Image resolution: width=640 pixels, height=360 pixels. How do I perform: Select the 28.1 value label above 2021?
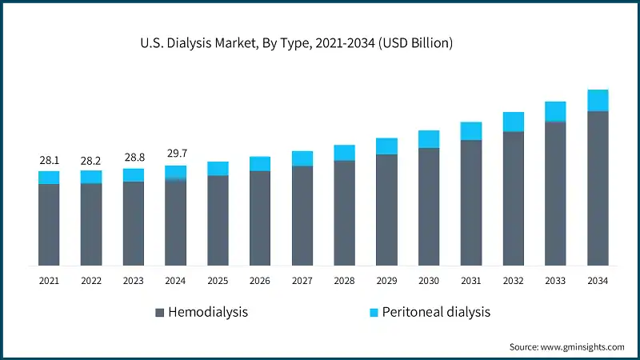tap(49, 161)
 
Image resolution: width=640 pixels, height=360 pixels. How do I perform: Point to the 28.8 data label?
tap(134, 158)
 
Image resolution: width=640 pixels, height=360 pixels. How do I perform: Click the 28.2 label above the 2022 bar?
tap(91, 161)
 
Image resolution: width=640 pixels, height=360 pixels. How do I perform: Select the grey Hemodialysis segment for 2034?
tap(598, 188)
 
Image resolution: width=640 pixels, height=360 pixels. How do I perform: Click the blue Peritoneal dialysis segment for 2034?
tap(598, 100)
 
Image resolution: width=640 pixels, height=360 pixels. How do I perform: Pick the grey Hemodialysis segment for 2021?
tap(49, 224)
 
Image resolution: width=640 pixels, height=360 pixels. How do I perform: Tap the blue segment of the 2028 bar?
tap(345, 153)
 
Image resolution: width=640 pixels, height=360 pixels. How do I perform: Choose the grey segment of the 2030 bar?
tap(429, 206)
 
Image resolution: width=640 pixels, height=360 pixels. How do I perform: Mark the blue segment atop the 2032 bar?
tap(514, 122)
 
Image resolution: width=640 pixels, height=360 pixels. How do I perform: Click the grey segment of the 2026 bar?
tap(260, 218)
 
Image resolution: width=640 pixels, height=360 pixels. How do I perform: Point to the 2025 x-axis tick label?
tap(218, 281)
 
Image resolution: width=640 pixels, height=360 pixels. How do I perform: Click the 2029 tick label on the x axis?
tap(386, 281)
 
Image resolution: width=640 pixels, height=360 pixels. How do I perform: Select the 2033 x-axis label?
tap(555, 281)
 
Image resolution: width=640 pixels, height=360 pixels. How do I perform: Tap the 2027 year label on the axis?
tap(302, 281)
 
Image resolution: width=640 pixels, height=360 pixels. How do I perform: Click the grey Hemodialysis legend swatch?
tap(159, 312)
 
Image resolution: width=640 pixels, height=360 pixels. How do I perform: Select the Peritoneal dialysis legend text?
tap(436, 312)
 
